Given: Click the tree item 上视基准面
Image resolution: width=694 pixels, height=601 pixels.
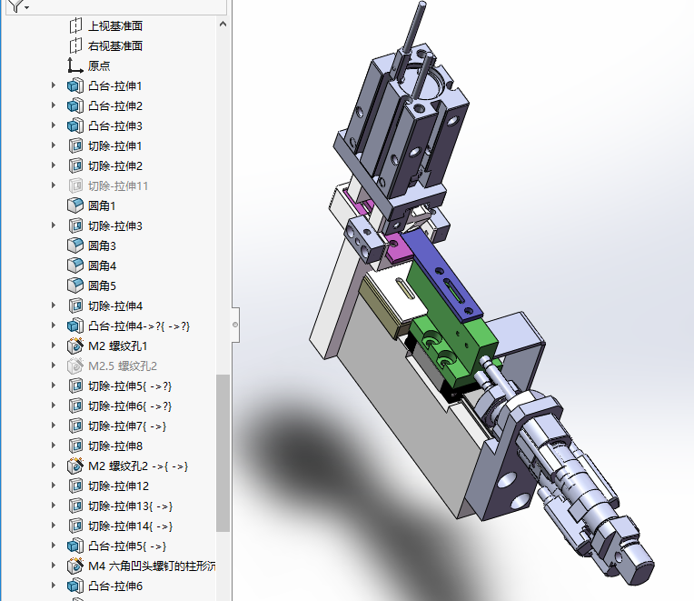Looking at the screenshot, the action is click(x=115, y=25).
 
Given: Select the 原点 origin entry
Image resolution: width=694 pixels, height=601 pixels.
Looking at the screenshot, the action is click(x=99, y=65).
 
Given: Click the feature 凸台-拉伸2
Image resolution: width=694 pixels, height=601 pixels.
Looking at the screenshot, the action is click(x=115, y=105).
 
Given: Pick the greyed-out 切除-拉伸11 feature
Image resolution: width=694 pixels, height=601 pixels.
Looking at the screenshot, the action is click(x=118, y=186).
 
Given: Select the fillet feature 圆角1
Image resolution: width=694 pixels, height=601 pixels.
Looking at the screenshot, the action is click(x=102, y=206).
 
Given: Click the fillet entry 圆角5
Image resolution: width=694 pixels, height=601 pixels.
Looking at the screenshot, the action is click(x=102, y=285).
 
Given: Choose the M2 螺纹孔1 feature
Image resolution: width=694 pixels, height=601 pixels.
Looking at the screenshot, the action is click(x=117, y=346).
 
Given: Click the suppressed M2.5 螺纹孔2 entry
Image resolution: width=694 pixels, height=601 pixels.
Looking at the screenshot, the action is click(x=123, y=366).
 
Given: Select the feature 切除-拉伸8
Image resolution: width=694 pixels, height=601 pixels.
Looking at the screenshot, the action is click(x=115, y=446).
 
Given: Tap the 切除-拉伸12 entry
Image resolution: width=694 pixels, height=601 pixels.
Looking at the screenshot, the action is click(x=118, y=486).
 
